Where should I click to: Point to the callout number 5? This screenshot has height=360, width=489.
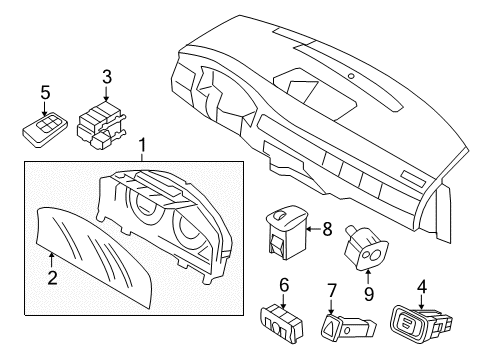point(44,92)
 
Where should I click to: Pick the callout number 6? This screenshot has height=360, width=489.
point(283,286)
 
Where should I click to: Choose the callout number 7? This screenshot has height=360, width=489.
point(331,292)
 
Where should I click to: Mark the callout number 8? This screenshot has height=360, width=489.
point(327,229)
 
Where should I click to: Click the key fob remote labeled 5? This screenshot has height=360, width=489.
point(43,128)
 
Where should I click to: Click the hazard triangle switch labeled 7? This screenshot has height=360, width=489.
point(332,326)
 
